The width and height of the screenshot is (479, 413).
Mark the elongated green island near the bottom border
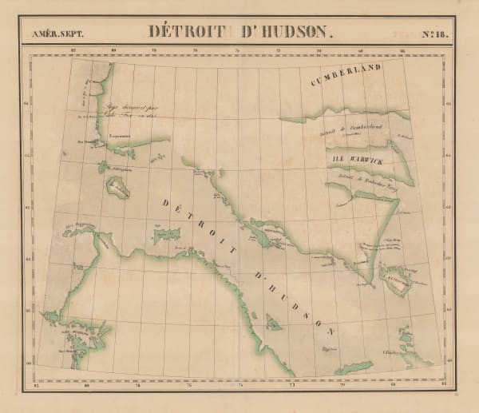(x=353, y=367)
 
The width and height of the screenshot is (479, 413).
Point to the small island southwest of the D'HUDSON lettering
(x=273, y=323)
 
